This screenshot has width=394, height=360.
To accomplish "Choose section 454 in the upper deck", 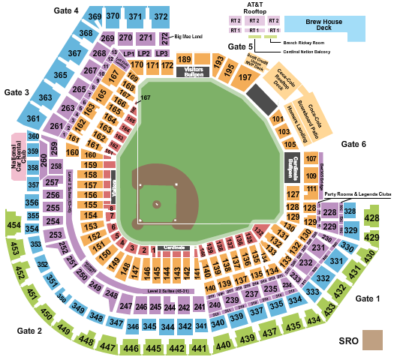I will click(x=14, y=225).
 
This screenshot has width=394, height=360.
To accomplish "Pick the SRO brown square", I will click(x=371, y=340).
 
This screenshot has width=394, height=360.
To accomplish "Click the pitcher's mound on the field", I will click(x=157, y=203).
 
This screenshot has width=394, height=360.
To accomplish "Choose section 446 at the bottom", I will click(x=132, y=348).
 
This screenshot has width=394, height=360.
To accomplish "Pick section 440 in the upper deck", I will click(x=222, y=345).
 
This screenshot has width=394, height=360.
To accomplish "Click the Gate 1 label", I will click(x=368, y=298).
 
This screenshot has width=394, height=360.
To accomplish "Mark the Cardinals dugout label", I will click(x=175, y=247).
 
